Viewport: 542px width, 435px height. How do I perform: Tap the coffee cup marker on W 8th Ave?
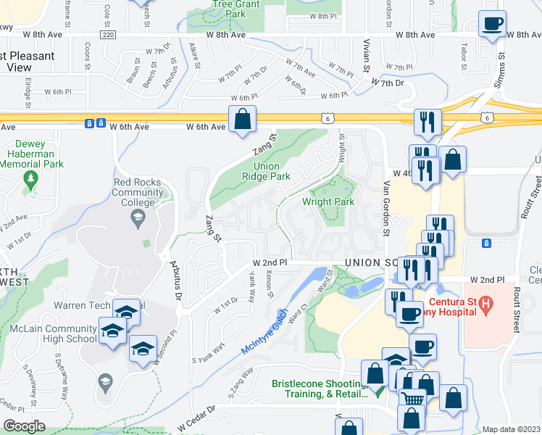tap(492, 26)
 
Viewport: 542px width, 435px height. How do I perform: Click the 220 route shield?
tap(108, 35)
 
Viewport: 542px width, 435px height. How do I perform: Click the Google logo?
tap(24, 426)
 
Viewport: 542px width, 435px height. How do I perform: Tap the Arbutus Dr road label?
tap(175, 275)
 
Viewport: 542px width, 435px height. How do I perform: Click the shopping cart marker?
tap(412, 399)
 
